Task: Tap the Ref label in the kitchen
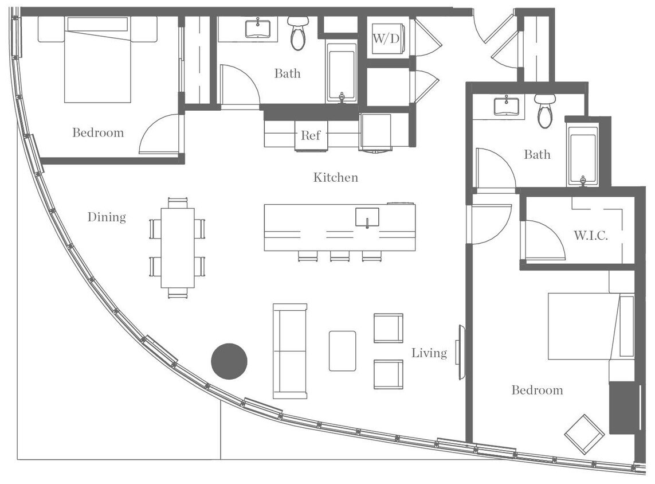(311, 136)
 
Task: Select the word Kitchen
(335, 178)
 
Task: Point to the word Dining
(107, 217)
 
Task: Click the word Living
(429, 353)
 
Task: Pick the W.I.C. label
(591, 236)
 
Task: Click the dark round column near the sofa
(229, 361)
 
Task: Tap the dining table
(178, 248)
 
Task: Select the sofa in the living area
(289, 351)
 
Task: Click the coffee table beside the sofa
(342, 351)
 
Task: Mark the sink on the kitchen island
(367, 217)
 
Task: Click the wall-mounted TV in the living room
(460, 352)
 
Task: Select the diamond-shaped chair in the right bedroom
(584, 434)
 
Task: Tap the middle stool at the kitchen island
(339, 256)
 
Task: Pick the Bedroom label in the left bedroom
(98, 133)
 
